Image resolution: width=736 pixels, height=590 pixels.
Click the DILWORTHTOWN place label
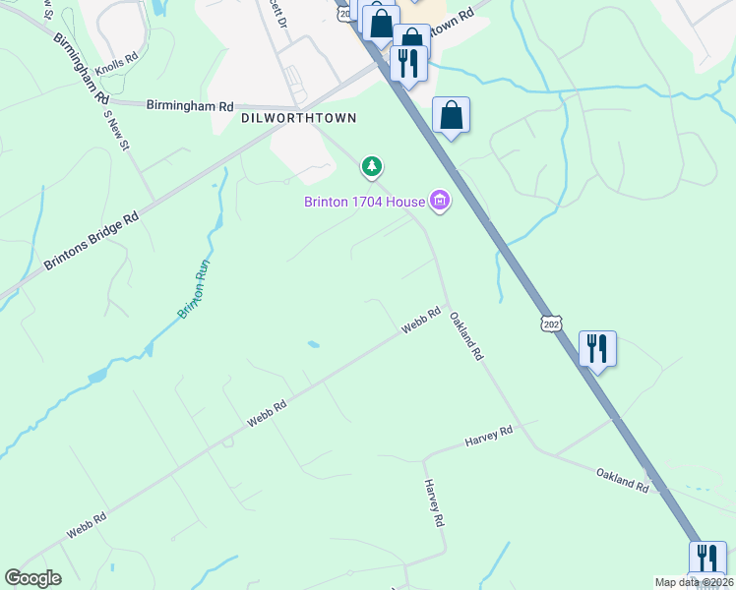click(298, 117)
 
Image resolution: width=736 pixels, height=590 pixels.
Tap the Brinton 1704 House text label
click(363, 203)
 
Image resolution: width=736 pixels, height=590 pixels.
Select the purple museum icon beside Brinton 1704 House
click(439, 203)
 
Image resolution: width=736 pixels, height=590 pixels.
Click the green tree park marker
click(372, 168)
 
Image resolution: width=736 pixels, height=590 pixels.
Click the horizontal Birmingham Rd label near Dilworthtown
click(189, 105)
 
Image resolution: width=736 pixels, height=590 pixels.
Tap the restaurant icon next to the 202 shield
click(597, 348)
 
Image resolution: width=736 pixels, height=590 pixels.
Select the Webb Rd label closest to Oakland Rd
click(420, 321)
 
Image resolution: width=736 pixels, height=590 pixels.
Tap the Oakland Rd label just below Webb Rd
click(466, 335)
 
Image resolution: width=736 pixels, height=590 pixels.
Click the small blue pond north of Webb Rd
click(312, 344)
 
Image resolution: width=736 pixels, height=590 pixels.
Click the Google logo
click(32, 578)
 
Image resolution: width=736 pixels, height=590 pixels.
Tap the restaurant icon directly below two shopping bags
click(407, 63)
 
